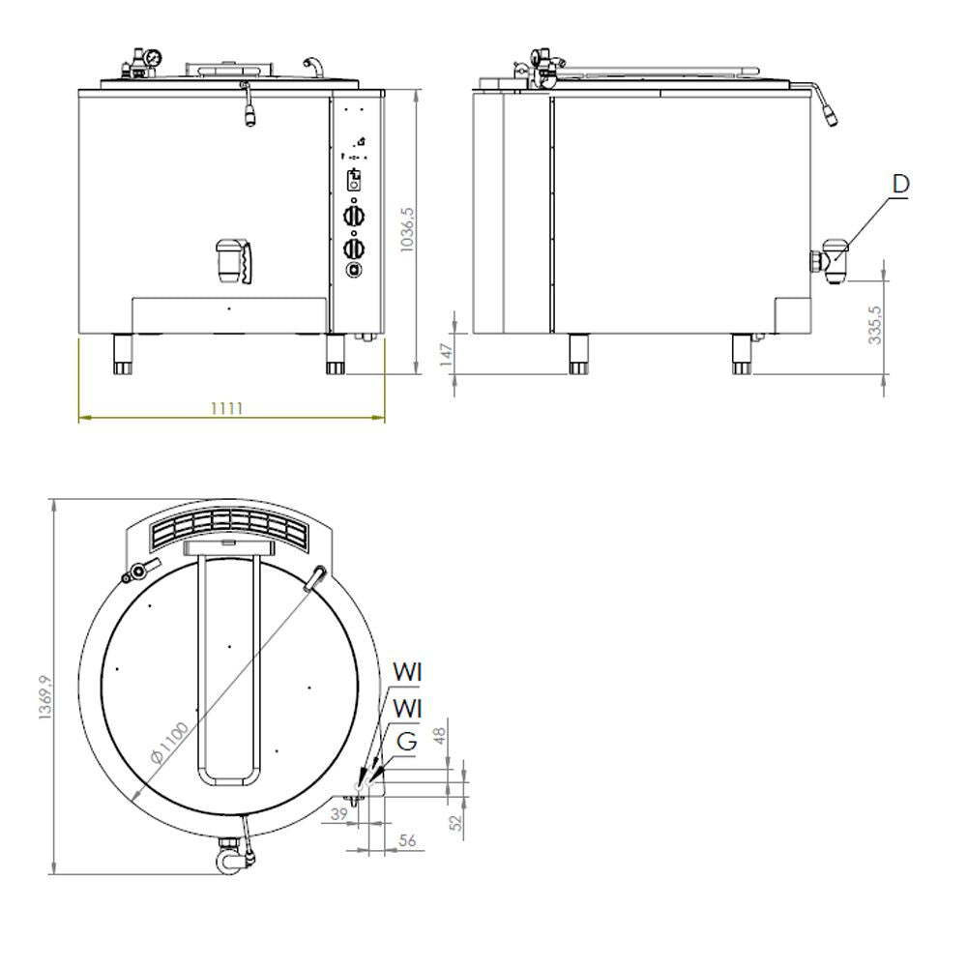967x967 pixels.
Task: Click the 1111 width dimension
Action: point(227,408)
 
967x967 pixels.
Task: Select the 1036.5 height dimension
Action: point(408,230)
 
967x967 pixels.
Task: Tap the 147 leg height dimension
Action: point(446,355)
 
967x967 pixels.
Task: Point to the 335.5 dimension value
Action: point(874,325)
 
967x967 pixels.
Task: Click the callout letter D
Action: point(900,184)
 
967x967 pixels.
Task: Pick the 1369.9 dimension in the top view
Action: point(45,698)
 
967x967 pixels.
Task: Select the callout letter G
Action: point(407,741)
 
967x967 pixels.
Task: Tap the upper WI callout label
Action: point(407,672)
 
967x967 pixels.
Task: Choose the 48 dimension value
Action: point(439,736)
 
